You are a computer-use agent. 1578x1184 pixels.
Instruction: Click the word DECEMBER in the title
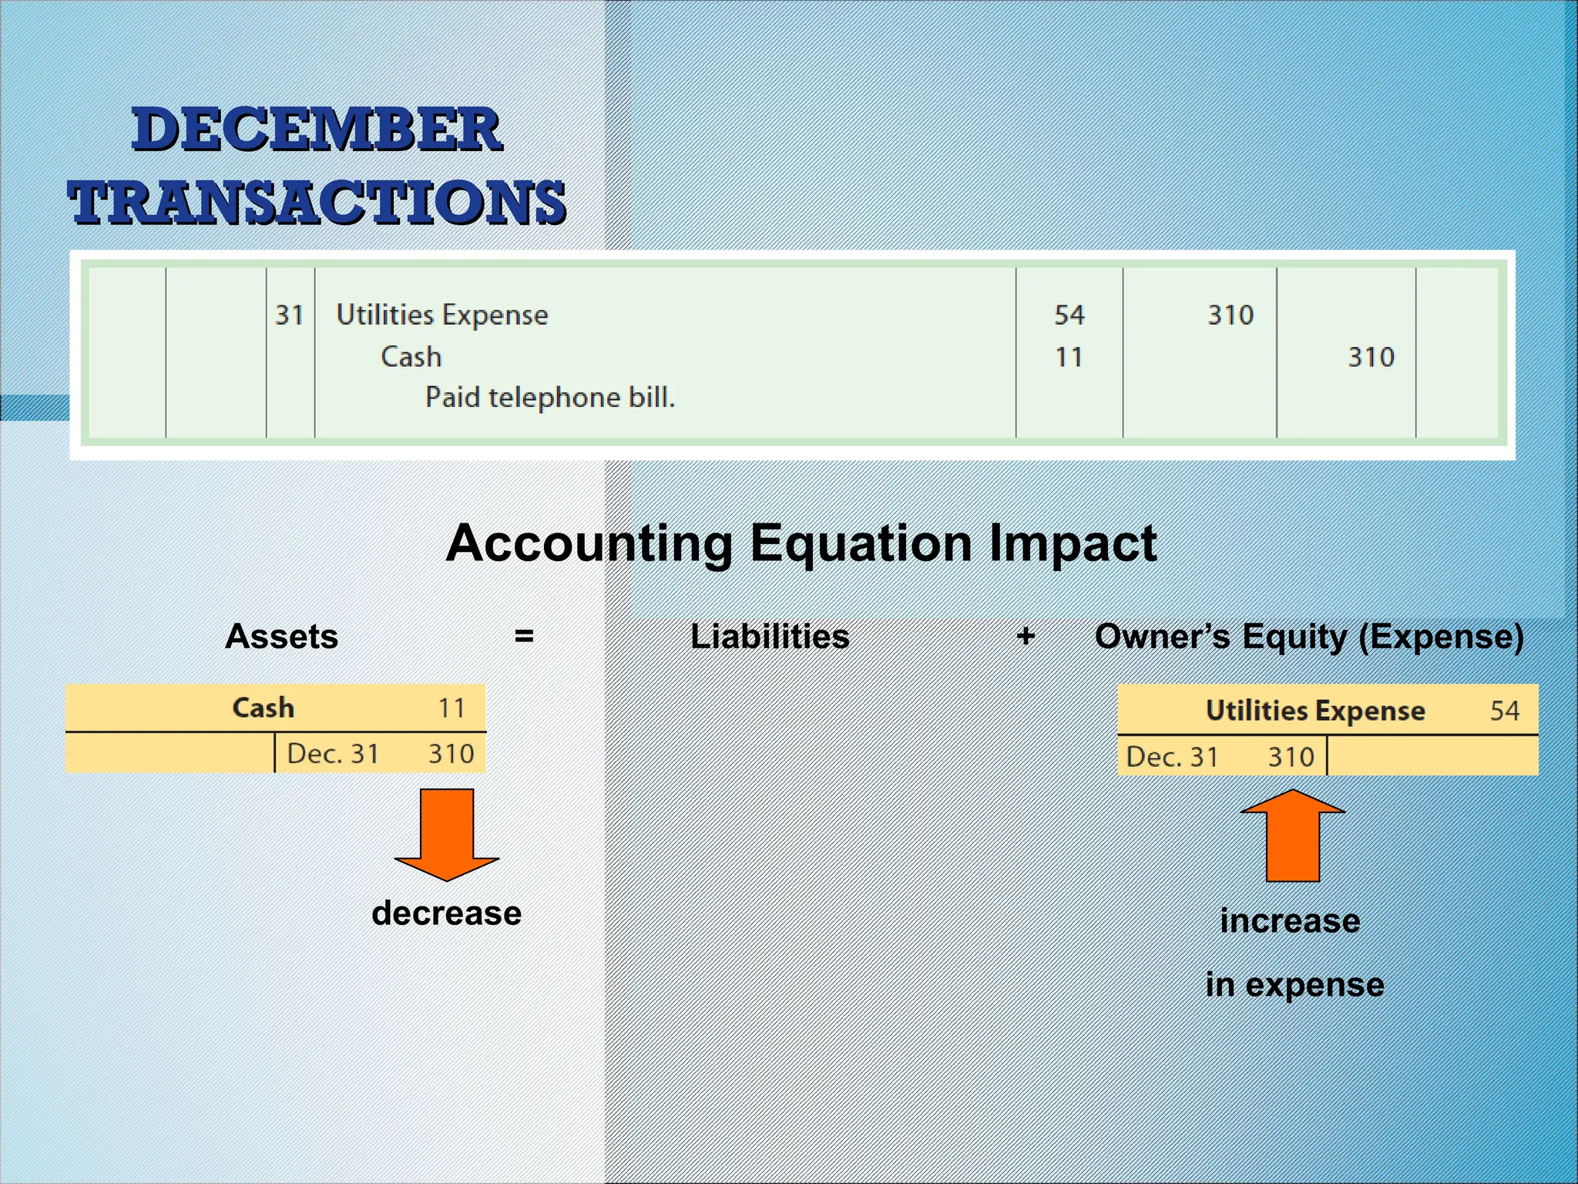317,129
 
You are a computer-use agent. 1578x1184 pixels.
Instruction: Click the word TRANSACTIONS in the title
317,202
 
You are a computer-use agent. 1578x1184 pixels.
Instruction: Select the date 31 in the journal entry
290,315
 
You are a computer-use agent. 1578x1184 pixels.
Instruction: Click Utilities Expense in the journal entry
442,315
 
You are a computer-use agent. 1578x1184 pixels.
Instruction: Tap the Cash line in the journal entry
411,357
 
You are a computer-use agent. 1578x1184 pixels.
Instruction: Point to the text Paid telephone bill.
549,398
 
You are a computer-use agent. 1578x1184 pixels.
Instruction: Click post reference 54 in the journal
1069,315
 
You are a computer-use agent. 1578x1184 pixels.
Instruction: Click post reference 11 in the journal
1069,357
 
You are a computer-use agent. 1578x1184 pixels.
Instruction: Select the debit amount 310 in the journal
1230,315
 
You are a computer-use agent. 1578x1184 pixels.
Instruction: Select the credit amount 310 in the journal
1371,357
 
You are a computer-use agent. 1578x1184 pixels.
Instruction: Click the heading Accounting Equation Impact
801,543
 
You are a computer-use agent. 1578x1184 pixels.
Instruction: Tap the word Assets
281,637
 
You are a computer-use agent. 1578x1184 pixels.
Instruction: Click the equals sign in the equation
524,637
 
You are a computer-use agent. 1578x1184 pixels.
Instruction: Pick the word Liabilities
770,637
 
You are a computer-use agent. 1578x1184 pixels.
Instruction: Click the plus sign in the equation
1025,637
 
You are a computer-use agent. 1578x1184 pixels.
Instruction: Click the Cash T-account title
264,708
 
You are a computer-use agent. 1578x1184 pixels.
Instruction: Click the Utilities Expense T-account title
1314,711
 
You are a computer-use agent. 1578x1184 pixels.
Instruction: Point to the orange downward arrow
447,832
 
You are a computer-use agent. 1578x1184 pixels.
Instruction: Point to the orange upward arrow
1292,836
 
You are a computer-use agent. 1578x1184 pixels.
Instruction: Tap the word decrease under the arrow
446,913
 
